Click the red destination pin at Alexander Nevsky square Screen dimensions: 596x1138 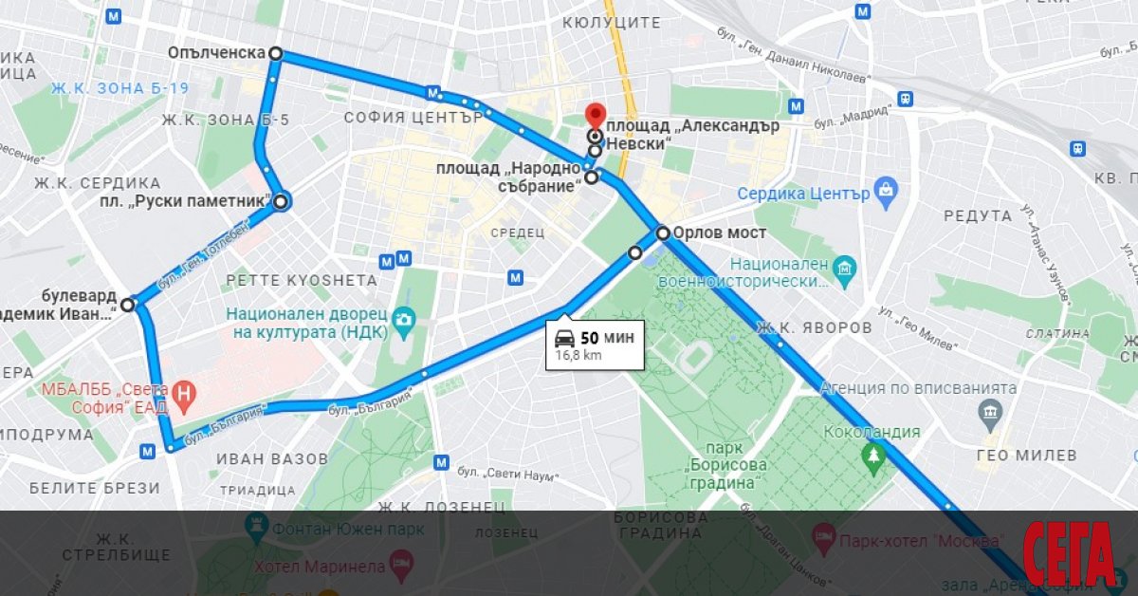pos(596,115)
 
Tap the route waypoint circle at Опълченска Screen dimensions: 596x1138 pos(275,54)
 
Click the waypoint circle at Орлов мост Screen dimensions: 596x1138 pos(663,233)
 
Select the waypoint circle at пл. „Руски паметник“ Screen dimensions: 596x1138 pos(281,201)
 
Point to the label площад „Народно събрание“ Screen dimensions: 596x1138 pos(508,177)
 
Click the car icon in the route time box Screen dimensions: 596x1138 pos(563,338)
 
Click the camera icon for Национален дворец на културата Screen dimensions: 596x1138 pos(404,320)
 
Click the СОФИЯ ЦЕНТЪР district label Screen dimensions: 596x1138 pos(413,118)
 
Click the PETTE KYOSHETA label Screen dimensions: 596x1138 pos(301,281)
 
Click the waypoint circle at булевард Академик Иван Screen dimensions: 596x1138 pos(128,304)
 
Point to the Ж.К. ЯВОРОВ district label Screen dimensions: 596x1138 pos(814,328)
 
